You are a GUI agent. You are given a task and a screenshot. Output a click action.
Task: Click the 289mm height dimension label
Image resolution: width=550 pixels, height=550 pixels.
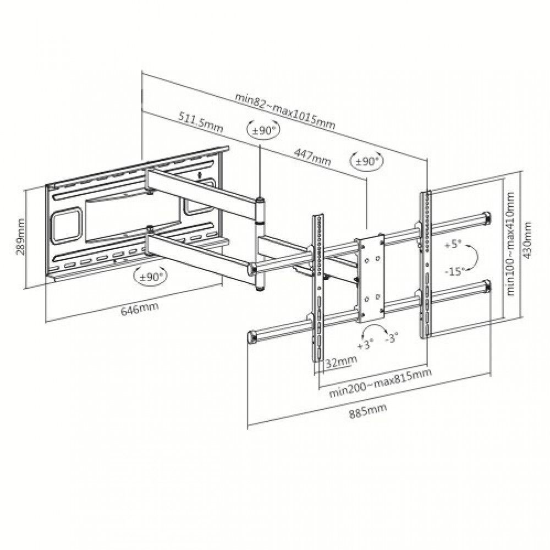21,237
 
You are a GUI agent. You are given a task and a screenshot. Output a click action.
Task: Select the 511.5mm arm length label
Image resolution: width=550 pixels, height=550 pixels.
201,122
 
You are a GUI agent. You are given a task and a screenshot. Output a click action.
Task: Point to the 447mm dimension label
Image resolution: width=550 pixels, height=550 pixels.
312,156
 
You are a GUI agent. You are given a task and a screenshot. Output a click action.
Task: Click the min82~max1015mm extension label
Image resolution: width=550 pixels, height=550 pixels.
285,111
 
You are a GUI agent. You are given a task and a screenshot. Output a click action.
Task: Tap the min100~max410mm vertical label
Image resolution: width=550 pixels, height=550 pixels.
510,244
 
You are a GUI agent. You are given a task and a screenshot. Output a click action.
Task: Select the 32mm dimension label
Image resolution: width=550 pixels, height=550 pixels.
341,361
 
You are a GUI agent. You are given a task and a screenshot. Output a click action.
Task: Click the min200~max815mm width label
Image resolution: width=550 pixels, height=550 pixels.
380,383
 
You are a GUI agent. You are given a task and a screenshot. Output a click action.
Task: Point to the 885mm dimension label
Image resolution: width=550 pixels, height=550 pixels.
368,411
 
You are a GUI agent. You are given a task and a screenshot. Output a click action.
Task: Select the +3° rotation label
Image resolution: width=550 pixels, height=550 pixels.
365,345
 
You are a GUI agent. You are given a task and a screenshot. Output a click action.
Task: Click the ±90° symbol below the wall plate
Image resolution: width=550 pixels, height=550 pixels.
151,277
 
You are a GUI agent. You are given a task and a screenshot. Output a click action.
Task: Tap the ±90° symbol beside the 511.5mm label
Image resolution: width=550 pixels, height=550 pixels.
264,130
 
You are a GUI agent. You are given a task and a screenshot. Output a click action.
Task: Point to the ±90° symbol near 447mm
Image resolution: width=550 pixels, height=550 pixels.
366,161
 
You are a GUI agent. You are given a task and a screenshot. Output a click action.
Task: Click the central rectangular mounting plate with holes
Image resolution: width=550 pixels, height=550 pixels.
371,278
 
